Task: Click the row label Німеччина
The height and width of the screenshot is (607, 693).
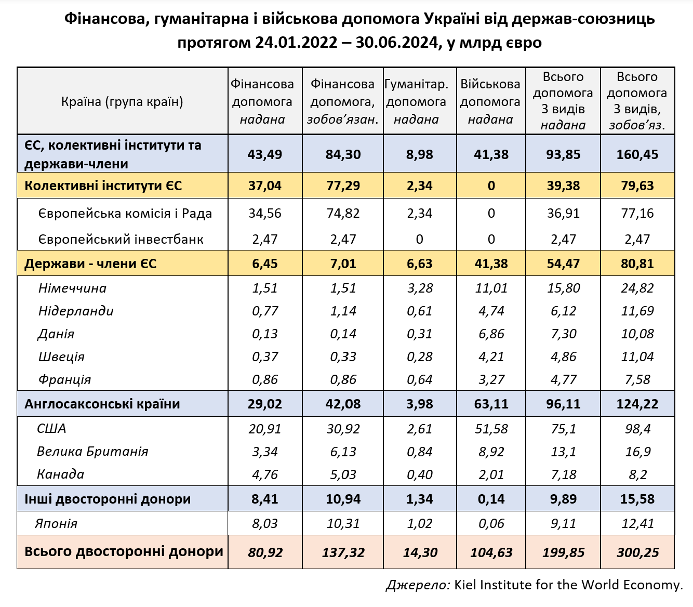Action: [72, 288]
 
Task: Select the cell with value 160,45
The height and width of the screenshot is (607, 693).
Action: [637, 154]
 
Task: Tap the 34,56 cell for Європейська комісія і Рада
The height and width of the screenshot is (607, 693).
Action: [265, 214]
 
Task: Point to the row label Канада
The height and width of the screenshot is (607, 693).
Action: [60, 474]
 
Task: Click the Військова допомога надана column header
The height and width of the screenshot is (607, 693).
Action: [490, 101]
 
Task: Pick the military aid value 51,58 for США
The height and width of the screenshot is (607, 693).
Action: [491, 429]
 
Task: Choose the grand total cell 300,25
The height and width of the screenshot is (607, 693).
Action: [637, 552]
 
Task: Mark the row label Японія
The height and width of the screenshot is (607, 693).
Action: [56, 523]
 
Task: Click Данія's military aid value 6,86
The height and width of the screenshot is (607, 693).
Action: [491, 334]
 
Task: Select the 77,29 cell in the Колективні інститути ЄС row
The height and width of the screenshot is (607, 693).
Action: [343, 186]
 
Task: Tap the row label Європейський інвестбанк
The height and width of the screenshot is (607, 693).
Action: [121, 240]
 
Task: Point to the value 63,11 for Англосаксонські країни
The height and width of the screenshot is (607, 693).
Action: [491, 404]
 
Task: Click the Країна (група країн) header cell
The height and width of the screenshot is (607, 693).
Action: [122, 101]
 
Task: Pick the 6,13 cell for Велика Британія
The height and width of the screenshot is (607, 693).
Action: [343, 452]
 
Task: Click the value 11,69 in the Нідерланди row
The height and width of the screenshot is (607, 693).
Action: [637, 311]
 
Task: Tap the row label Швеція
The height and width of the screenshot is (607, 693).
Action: [61, 357]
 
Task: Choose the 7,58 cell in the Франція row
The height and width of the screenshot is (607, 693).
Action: [637, 380]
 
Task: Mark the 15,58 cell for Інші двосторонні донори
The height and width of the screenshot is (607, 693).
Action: [637, 499]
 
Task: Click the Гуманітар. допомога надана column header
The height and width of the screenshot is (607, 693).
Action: [417, 101]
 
